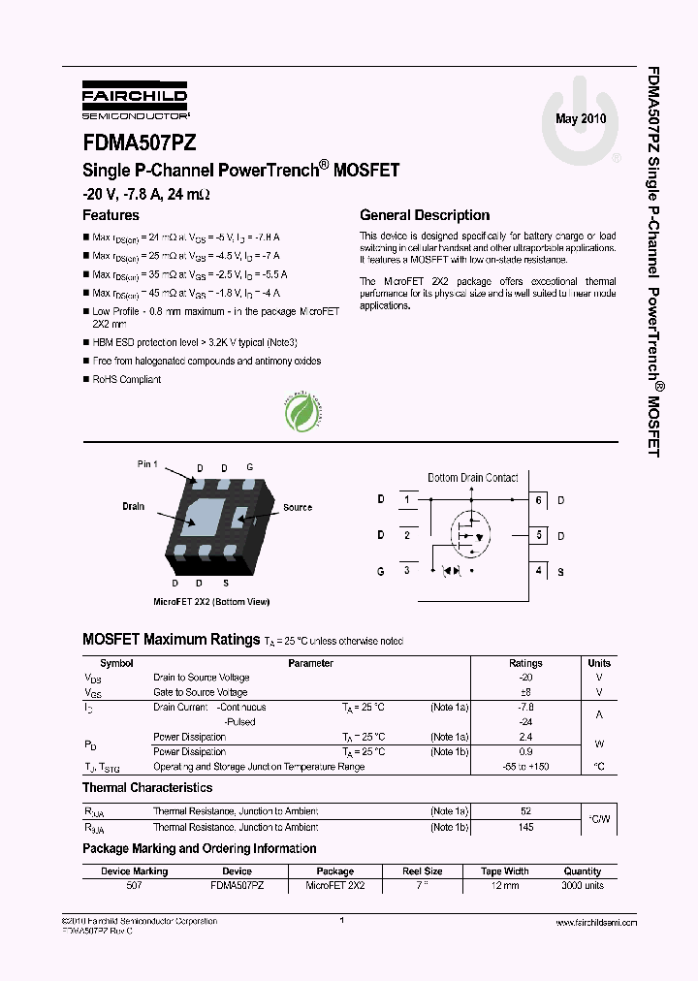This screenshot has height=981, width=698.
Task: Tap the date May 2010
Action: coord(580,118)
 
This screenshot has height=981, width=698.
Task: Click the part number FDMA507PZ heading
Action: coord(140,142)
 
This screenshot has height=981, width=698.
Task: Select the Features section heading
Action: coord(111,215)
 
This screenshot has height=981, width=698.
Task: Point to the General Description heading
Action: coord(425,215)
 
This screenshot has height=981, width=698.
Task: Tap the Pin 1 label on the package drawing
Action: coord(147,464)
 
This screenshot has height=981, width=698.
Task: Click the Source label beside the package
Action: coord(298,507)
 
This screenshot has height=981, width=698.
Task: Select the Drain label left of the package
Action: coord(133,506)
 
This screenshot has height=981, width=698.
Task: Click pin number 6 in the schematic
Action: coord(538,500)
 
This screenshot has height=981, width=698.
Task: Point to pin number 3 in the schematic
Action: coord(406,571)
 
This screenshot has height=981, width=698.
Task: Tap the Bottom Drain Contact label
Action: coord(473,478)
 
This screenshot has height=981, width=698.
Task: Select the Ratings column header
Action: coord(525,663)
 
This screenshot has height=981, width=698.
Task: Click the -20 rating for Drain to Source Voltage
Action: coord(525,678)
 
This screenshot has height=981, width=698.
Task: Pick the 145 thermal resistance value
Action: coord(525,827)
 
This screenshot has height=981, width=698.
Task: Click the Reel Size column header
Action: coord(422,871)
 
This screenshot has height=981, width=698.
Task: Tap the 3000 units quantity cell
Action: coord(583,885)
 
